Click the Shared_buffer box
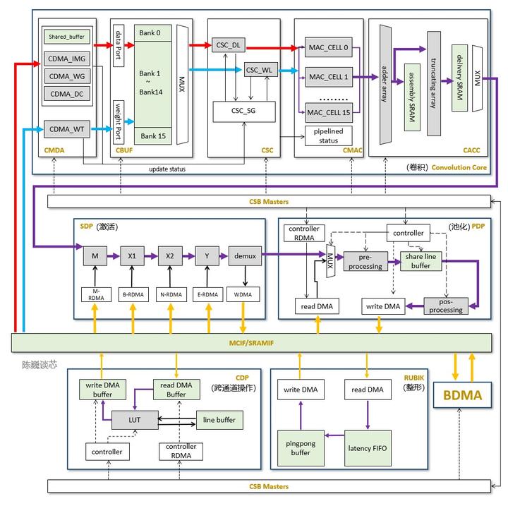coord(67,37)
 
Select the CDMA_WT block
coord(67,128)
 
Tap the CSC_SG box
coord(244,111)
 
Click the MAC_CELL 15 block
coord(328,112)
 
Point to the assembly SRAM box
coord(409,97)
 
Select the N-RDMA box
coord(170,294)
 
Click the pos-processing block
coord(446,305)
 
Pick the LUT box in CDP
coord(134,420)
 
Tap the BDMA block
coord(462,395)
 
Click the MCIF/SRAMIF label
coord(252,342)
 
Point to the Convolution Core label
coord(459,167)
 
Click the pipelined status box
coord(328,136)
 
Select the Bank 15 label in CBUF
coord(152,135)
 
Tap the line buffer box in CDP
coord(220,421)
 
